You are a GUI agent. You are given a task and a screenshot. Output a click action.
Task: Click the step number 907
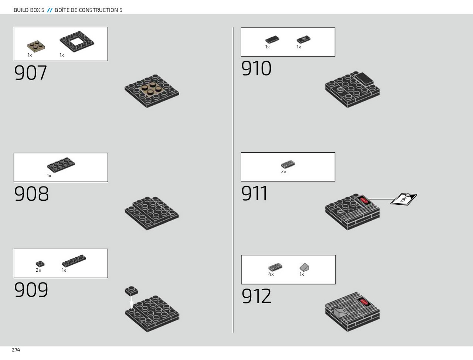click(x=30, y=73)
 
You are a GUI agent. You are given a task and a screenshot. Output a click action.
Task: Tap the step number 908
click(x=31, y=194)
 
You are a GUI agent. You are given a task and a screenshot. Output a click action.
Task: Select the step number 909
click(x=31, y=290)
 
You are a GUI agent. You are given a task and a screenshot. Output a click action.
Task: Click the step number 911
click(x=254, y=193)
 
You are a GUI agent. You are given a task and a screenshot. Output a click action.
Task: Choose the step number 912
click(x=256, y=296)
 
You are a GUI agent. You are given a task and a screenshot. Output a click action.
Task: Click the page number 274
click(x=16, y=350)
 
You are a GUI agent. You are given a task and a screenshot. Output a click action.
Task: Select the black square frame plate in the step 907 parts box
click(x=77, y=41)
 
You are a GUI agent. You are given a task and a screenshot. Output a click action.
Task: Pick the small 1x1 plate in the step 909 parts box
click(x=40, y=264)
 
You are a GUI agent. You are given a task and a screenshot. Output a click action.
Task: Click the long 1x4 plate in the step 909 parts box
click(x=74, y=261)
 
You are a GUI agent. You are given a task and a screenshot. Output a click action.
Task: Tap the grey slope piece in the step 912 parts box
click(x=304, y=267)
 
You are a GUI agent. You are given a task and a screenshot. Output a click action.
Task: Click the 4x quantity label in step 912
click(x=271, y=275)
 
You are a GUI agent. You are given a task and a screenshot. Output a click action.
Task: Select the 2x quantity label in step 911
click(x=283, y=172)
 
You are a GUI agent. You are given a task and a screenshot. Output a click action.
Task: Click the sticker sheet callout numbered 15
click(x=404, y=199)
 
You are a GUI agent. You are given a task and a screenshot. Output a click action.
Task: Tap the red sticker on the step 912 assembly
click(x=364, y=302)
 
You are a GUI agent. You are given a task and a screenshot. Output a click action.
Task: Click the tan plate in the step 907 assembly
click(x=151, y=89)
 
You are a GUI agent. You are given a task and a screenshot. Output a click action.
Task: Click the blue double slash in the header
click(x=50, y=10)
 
